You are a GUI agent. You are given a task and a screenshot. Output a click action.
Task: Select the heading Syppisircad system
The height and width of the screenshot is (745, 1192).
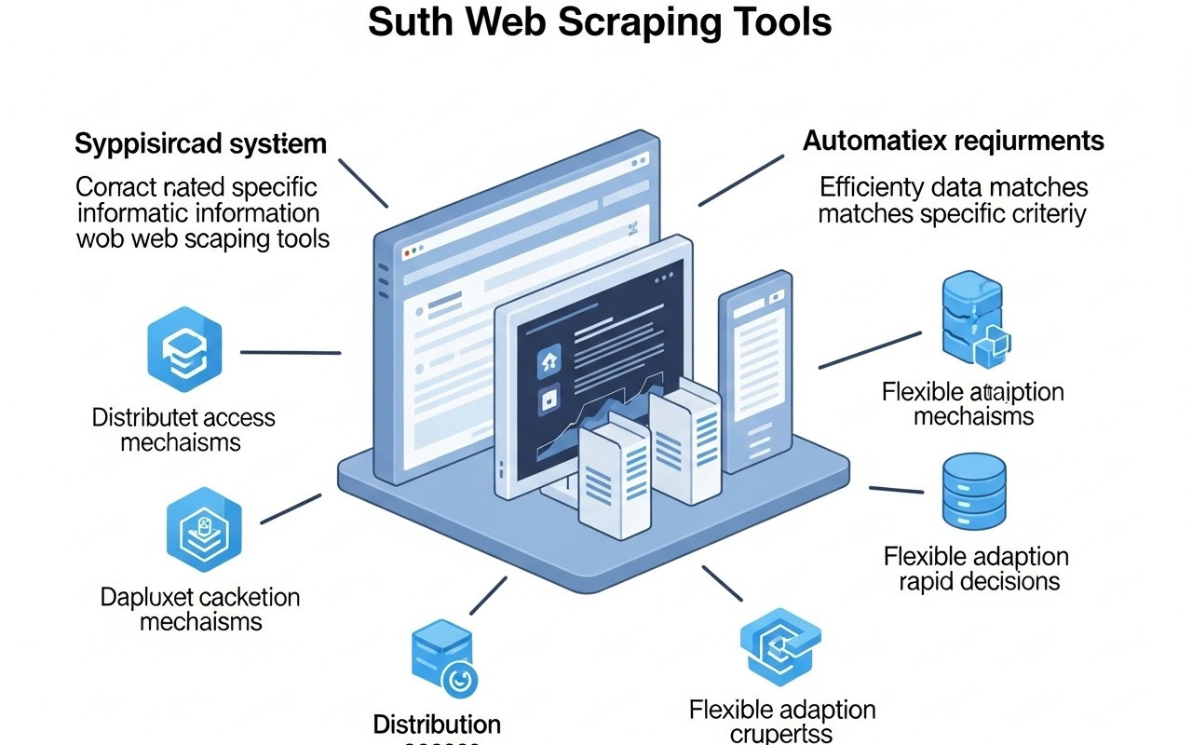(x=200, y=144)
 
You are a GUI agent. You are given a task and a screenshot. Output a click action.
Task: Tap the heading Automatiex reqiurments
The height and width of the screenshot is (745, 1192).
(x=953, y=141)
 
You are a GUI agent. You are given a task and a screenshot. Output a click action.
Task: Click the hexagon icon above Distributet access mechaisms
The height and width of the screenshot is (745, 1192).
(x=184, y=344)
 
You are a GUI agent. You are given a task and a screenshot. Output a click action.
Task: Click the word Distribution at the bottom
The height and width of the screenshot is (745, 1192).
(x=437, y=724)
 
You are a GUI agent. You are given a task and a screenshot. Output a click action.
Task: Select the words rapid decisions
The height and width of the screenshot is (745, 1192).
(x=979, y=582)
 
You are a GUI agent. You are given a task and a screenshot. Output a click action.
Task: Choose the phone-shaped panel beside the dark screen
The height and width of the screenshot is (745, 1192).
(x=755, y=372)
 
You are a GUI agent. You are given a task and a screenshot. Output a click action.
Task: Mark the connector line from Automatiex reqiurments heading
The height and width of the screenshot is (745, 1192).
(x=741, y=179)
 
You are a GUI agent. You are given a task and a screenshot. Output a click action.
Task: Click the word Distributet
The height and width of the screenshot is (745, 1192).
(x=143, y=417)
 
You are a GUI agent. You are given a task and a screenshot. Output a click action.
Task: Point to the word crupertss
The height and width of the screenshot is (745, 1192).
(x=781, y=734)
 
